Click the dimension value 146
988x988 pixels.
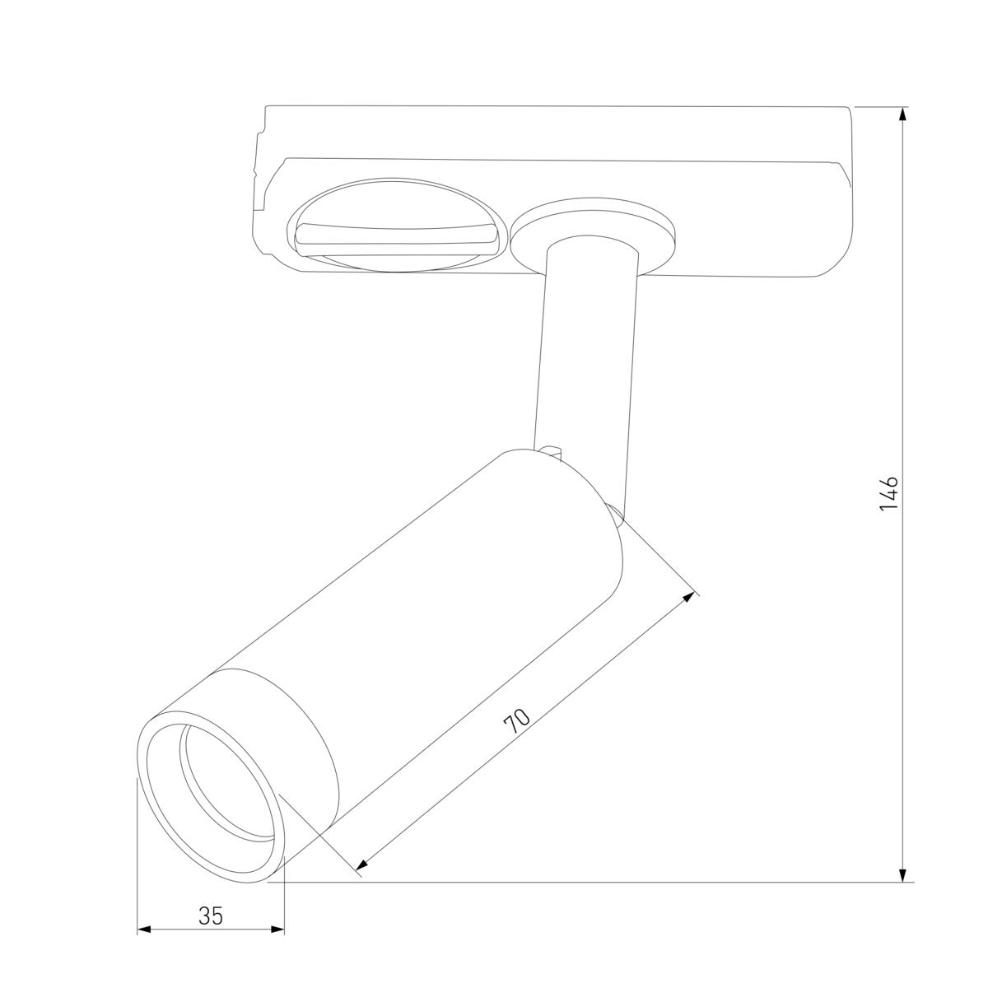tap(888, 493)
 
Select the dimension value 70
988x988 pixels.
tap(517, 720)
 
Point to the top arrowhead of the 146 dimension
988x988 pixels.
tap(903, 115)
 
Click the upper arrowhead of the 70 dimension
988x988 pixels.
tap(688, 598)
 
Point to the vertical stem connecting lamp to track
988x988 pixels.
tap(586, 354)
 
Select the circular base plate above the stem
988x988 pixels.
tap(593, 226)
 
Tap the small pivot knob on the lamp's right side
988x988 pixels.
tap(615, 514)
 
